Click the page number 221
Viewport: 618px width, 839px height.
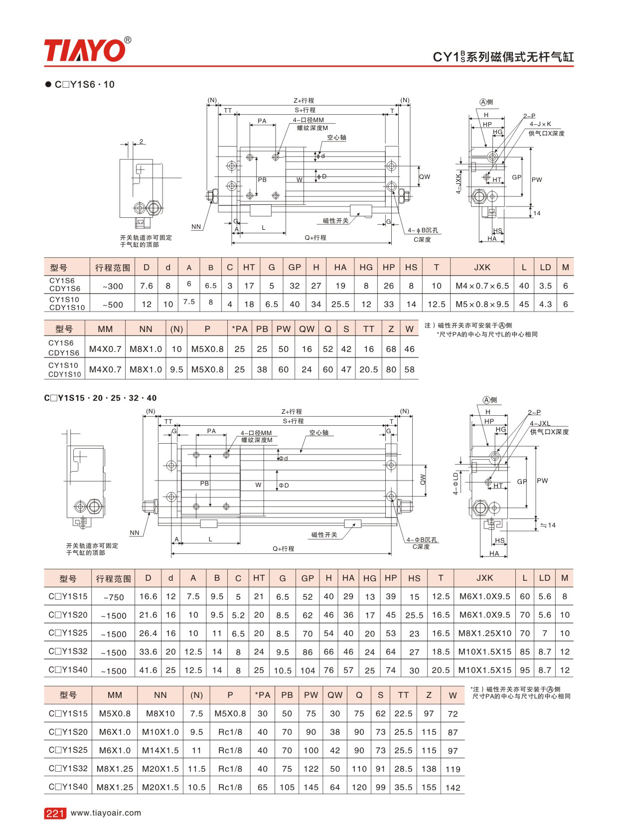coord(55,813)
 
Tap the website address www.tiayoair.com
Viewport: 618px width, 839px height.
coord(106,813)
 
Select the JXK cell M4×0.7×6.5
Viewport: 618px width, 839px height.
coord(482,286)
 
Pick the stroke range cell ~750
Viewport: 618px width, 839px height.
coord(114,597)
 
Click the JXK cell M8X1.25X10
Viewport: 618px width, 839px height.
coord(484,634)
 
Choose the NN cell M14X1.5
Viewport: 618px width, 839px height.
coord(160,751)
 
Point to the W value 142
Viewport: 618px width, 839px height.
coord(453,788)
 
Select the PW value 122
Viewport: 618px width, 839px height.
coord(311,769)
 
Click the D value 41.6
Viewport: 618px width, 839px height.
coord(149,670)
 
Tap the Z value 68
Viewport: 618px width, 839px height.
coord(391,349)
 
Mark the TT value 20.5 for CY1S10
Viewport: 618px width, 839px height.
coord(368,370)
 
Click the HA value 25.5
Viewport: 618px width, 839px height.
coord(340,304)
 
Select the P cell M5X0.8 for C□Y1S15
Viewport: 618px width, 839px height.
coord(230,713)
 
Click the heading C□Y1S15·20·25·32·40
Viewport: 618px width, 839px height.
coord(100,398)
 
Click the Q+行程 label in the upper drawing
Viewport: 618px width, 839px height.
coord(315,237)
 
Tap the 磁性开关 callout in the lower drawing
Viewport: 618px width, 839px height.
coord(324,534)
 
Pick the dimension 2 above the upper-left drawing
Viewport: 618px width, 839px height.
coord(141,141)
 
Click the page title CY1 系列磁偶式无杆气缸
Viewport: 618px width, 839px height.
coord(503,57)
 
